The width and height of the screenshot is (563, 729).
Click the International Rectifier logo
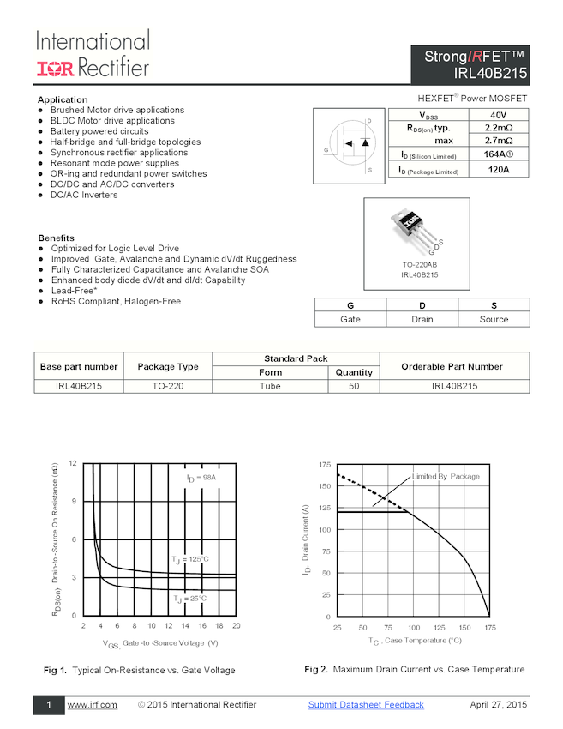click(93, 54)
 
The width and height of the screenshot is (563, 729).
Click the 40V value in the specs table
click(498, 115)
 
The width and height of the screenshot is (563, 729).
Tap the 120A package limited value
click(498, 169)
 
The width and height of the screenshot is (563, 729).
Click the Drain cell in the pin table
click(422, 319)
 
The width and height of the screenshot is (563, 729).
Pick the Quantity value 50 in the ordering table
click(354, 386)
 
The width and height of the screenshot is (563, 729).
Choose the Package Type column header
click(168, 366)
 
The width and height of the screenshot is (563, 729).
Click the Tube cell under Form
click(270, 386)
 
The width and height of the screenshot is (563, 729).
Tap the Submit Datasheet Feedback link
click(366, 705)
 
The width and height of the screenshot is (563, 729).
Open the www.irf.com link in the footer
click(92, 705)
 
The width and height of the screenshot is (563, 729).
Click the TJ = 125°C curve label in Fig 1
click(189, 559)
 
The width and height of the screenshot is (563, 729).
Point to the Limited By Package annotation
click(446, 477)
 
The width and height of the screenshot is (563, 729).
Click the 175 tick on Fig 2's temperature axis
click(489, 628)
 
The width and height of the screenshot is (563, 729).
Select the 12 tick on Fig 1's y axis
click(73, 463)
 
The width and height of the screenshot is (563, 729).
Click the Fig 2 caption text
click(414, 670)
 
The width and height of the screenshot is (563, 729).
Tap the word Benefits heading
click(56, 238)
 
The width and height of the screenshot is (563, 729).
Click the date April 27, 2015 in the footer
click(498, 705)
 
